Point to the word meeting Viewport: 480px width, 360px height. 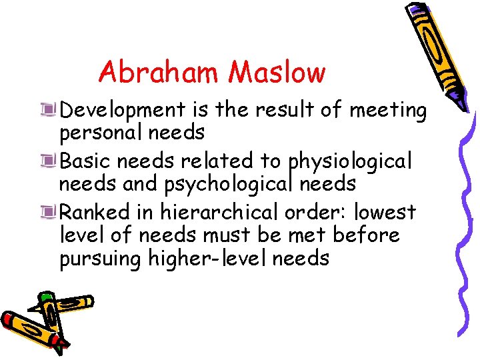387,110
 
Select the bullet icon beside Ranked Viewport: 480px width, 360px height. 47,211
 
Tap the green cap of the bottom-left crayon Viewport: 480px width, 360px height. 45,297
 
